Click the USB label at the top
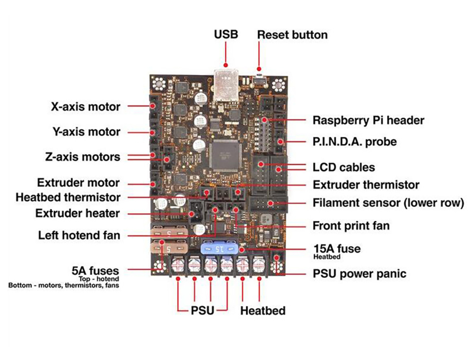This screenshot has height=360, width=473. pos(226,35)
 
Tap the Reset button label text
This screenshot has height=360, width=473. pos(292,35)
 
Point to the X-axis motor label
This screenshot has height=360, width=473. pos(86,106)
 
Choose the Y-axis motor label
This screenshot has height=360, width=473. pos(86,132)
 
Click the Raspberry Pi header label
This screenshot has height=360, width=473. pos(368,120)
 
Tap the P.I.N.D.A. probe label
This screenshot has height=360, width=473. pos(354,141)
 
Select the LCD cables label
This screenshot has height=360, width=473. pos(343,167)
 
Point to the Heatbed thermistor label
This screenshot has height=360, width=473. pos(68,197)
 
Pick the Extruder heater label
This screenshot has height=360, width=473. pos(77,213)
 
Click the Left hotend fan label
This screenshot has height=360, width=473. pos(79,235)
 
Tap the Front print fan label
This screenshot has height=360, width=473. pos(351,226)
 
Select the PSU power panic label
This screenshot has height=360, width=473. pos(359,273)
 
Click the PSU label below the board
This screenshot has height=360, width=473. pos(202,311)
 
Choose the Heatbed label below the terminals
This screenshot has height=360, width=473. pos(263,311)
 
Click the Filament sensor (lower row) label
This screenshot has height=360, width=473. pos(388,203)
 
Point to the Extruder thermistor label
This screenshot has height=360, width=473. pos(366,184)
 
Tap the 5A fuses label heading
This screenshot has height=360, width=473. pos(95,271)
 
